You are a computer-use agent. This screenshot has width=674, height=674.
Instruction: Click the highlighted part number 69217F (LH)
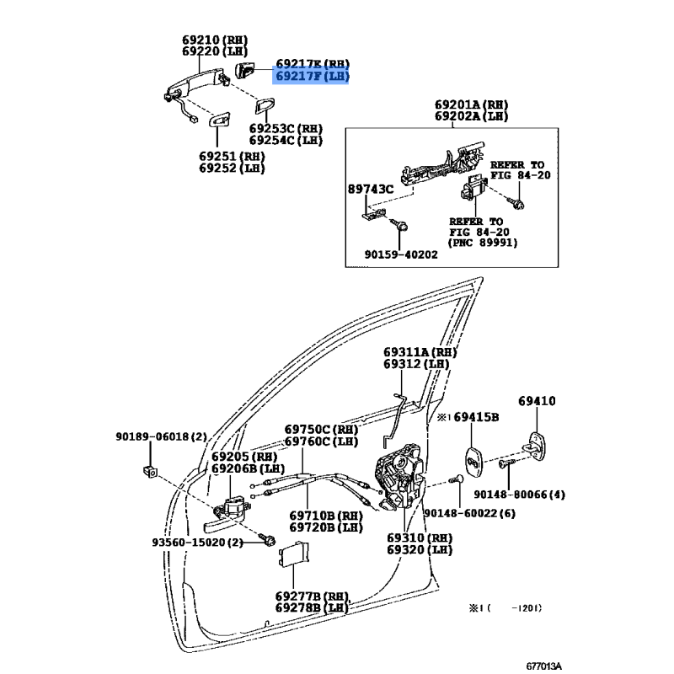(312, 76)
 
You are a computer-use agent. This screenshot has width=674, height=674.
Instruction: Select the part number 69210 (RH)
(215, 40)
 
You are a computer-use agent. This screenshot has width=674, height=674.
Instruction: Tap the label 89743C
(371, 189)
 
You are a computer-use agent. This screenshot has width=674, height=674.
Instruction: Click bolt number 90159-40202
(401, 254)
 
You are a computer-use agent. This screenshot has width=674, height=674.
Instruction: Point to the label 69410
(537, 401)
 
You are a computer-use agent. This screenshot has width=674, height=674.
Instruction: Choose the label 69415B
(476, 416)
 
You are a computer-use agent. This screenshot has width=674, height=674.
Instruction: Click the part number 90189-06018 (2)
(161, 436)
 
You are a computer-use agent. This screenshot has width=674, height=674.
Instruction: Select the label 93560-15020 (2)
(197, 542)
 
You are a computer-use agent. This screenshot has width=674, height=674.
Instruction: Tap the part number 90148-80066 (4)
(519, 495)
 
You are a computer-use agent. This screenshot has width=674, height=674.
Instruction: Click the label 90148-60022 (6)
(469, 513)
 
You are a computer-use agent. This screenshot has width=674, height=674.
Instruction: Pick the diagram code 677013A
(543, 666)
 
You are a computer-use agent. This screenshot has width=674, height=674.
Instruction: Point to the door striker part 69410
(536, 447)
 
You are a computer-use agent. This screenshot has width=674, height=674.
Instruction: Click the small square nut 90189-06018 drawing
(150, 471)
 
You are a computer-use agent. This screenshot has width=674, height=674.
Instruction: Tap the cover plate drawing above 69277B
(294, 554)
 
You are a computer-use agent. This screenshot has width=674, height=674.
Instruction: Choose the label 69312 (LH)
(416, 364)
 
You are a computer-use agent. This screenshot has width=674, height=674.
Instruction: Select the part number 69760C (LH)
(321, 441)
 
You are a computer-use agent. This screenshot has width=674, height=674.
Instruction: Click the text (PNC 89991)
(483, 243)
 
